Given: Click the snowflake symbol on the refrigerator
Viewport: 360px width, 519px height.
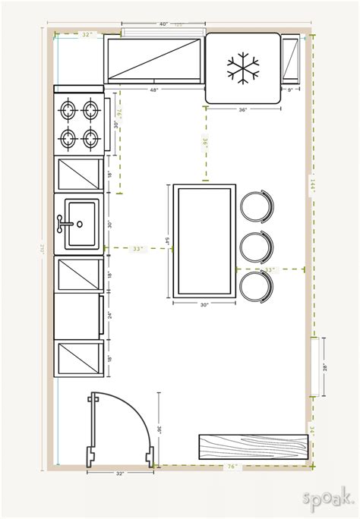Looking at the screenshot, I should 242,68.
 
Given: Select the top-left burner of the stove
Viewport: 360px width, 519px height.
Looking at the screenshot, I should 68,109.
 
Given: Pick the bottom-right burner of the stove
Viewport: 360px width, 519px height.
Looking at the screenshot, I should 91,138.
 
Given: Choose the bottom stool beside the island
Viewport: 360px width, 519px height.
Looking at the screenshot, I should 257,285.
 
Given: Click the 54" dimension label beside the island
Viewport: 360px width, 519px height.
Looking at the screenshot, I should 167,241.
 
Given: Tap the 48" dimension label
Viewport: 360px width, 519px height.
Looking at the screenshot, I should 155,91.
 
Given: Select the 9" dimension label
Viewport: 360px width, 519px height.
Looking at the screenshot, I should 290,91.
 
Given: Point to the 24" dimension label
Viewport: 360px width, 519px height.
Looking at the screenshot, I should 109,315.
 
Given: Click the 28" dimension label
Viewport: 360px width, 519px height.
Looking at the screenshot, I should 324,367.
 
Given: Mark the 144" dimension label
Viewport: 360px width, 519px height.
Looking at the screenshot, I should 312,185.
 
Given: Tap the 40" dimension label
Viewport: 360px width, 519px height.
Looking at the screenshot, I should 164,25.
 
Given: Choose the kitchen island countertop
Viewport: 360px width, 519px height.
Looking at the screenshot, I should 204,241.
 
